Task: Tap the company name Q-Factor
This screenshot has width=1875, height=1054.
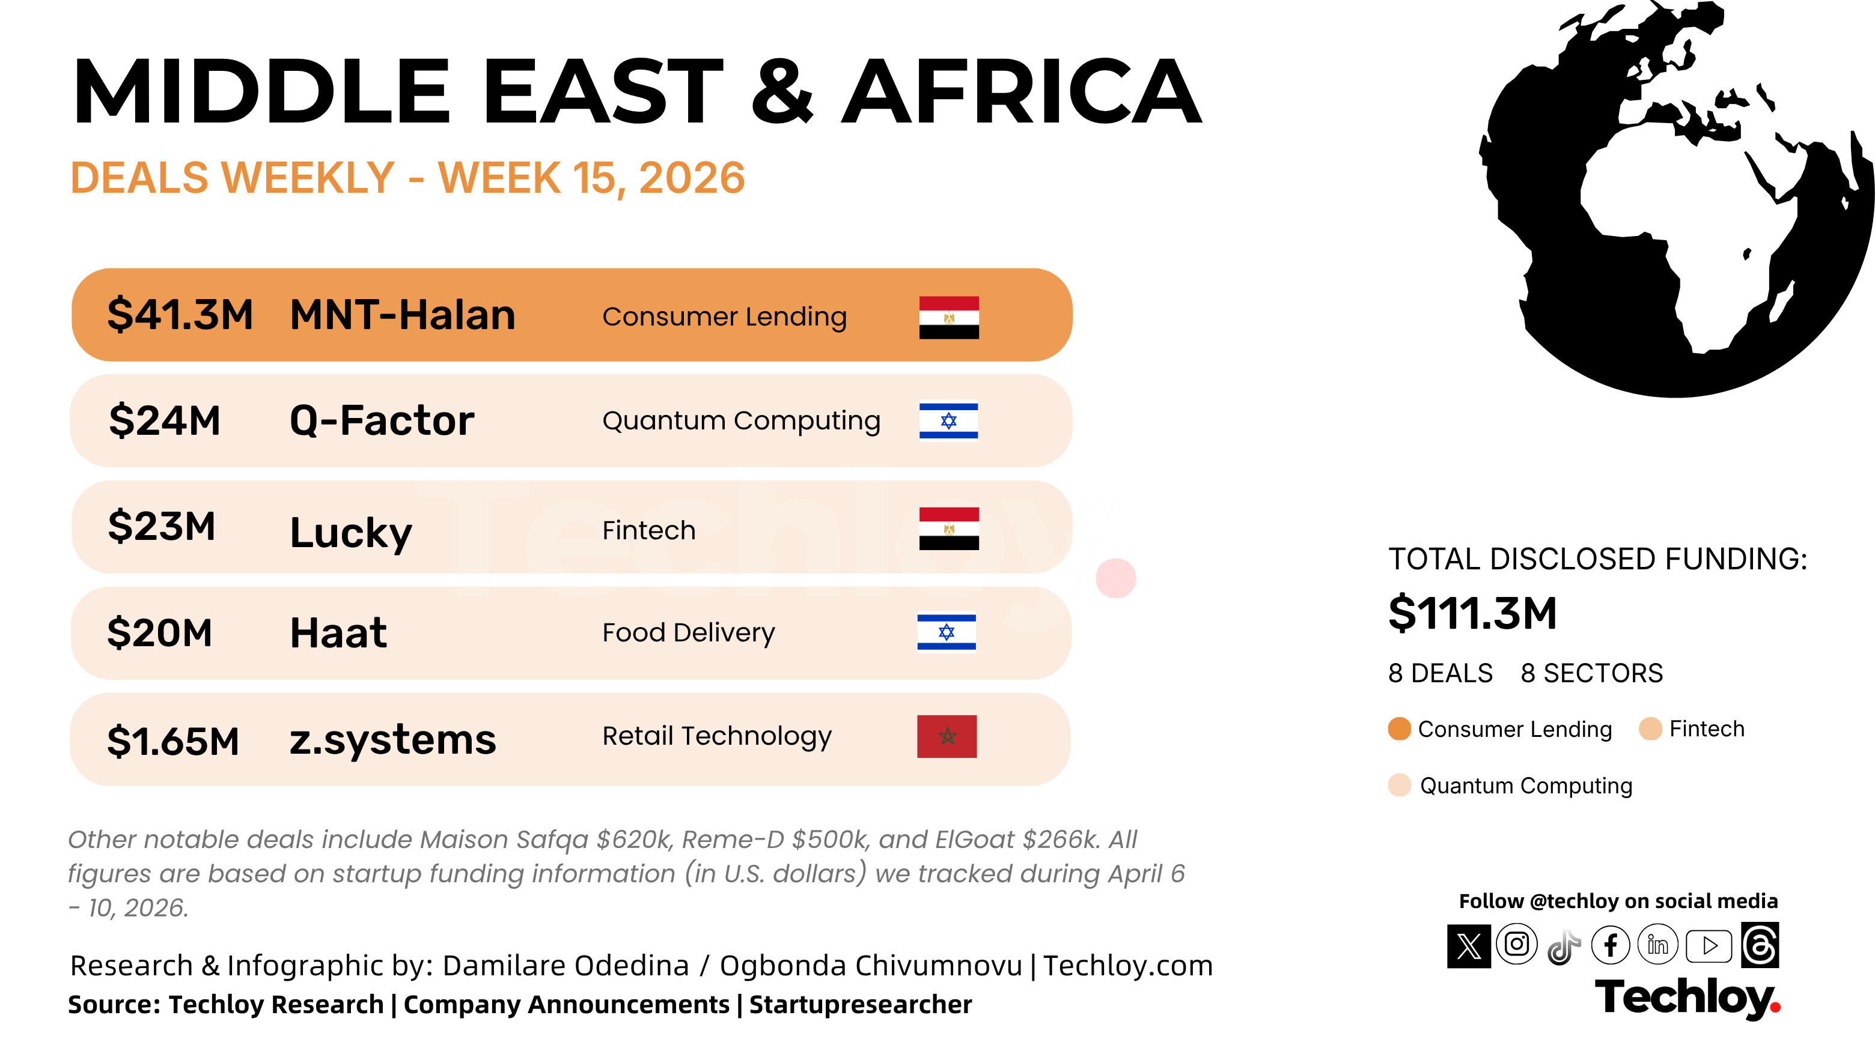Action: pyautogui.click(x=382, y=420)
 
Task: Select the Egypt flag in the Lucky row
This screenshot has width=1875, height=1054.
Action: pyautogui.click(x=948, y=529)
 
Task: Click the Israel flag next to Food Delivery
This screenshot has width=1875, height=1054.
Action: pyautogui.click(x=947, y=633)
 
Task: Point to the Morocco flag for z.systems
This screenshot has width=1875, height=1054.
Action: pyautogui.click(x=947, y=736)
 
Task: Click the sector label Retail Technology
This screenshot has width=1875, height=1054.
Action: pyautogui.click(x=717, y=737)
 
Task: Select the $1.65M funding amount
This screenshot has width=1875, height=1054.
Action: pyautogui.click(x=173, y=741)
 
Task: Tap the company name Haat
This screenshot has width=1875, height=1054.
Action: pyautogui.click(x=338, y=632)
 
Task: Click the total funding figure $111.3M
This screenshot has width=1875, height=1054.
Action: pyautogui.click(x=1472, y=613)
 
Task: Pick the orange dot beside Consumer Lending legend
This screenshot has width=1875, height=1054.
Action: pyautogui.click(x=1399, y=729)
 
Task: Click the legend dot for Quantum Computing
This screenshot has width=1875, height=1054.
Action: pyautogui.click(x=1399, y=786)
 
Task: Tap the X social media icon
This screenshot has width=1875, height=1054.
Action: pyautogui.click(x=1469, y=946)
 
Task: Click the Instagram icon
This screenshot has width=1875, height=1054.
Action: pyautogui.click(x=1517, y=945)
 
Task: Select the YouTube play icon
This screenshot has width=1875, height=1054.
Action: pyautogui.click(x=1709, y=946)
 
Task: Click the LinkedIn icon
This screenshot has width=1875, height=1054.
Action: pyautogui.click(x=1658, y=945)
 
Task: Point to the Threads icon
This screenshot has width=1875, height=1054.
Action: pyautogui.click(x=1760, y=945)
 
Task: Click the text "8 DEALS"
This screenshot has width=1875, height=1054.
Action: pyautogui.click(x=1441, y=674)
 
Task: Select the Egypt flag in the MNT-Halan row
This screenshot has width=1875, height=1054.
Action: pyautogui.click(x=948, y=317)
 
